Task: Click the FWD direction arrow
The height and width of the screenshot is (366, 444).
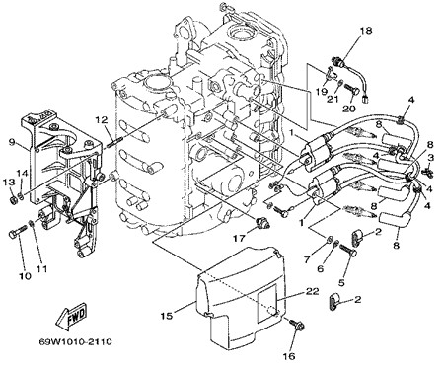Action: (71, 316)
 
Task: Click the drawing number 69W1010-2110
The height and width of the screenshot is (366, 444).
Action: (75, 342)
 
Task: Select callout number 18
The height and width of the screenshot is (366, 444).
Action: (365, 31)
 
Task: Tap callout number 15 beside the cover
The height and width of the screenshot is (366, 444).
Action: (167, 316)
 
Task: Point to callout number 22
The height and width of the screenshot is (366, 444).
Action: (312, 291)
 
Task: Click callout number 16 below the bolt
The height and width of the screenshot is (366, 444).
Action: (289, 355)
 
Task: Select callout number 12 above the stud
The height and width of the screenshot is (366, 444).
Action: (102, 120)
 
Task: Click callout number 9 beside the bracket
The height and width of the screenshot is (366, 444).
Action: (12, 142)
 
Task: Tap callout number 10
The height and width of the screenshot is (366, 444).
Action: (25, 275)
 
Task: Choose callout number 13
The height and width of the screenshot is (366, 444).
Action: (10, 182)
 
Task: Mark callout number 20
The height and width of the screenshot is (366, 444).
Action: (348, 109)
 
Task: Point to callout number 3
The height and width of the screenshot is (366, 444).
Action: (430, 158)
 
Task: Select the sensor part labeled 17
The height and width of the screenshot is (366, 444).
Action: (263, 223)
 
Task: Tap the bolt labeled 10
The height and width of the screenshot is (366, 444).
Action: (17, 231)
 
